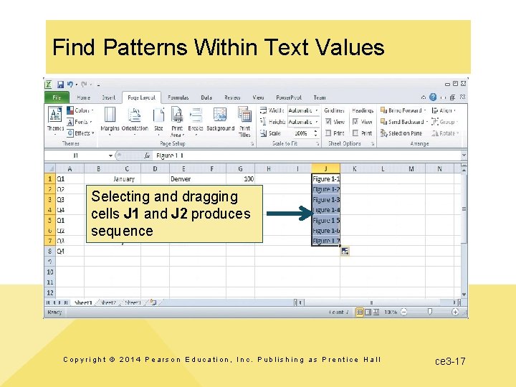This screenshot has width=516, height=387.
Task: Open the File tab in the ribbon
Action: click(x=56, y=97)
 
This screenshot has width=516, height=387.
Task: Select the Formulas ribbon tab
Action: click(x=178, y=97)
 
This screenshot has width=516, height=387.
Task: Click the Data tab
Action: click(x=206, y=97)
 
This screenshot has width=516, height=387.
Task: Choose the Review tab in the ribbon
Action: click(x=232, y=97)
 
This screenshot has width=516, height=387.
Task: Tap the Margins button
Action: click(x=110, y=120)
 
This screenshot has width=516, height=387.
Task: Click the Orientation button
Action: click(x=135, y=120)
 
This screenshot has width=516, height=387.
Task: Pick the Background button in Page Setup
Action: click(x=220, y=120)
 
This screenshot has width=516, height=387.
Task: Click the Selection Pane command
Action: click(x=405, y=133)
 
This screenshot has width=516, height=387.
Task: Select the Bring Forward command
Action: click(x=404, y=110)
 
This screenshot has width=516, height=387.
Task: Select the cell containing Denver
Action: click(x=181, y=178)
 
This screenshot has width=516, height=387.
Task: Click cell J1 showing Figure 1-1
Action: click(x=326, y=178)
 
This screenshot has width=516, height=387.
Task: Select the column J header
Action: click(x=326, y=168)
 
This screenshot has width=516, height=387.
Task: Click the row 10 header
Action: click(x=49, y=272)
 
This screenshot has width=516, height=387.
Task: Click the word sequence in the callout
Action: click(x=122, y=231)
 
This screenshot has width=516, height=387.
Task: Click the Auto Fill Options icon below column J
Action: click(x=345, y=251)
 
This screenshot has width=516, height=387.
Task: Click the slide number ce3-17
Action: click(x=450, y=360)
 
